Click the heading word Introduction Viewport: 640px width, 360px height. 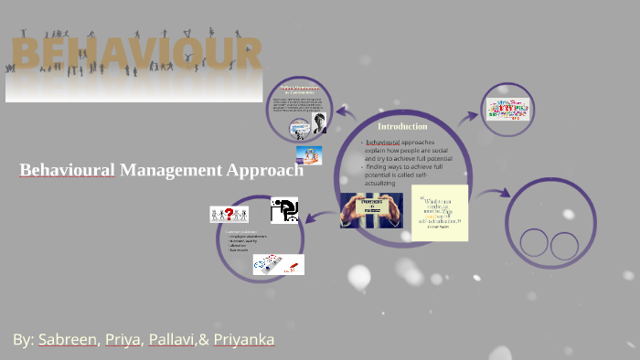(x=402, y=126)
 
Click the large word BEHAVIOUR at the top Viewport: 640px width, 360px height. (x=135, y=57)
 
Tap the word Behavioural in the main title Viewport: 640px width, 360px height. (x=67, y=170)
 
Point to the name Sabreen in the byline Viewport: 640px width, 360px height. (x=67, y=340)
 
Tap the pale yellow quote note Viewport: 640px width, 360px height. (x=440, y=212)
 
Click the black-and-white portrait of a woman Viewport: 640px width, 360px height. (x=320, y=123)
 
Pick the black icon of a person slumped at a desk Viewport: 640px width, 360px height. (x=284, y=210)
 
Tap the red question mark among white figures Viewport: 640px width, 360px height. (x=229, y=214)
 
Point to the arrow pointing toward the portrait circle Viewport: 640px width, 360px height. (x=347, y=112)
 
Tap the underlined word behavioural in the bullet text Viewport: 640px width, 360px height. (x=383, y=143)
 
